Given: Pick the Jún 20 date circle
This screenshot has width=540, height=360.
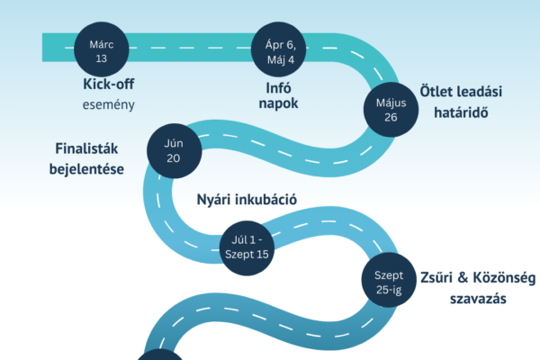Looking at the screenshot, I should [x=174, y=148].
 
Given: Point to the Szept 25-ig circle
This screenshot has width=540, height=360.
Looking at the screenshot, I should [x=389, y=279].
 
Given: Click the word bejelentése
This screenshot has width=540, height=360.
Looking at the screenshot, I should [x=87, y=167].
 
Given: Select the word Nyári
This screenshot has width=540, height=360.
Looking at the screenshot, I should [x=214, y=199].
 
